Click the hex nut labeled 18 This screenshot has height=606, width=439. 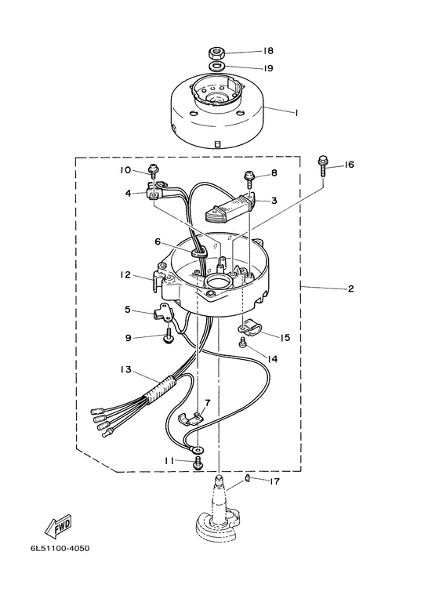[x=216, y=53]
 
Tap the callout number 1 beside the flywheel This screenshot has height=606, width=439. [x=296, y=113]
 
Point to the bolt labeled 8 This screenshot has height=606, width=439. [x=249, y=179]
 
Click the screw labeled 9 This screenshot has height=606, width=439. [x=169, y=336]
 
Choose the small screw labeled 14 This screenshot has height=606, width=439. [x=243, y=342]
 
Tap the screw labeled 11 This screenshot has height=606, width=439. [x=198, y=463]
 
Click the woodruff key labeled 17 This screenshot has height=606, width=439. [x=246, y=480]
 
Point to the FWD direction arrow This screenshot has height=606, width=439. [x=59, y=525]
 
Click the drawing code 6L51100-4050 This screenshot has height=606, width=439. [x=60, y=549]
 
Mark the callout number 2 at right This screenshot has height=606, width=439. [x=350, y=288]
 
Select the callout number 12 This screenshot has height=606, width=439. [x=125, y=275]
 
